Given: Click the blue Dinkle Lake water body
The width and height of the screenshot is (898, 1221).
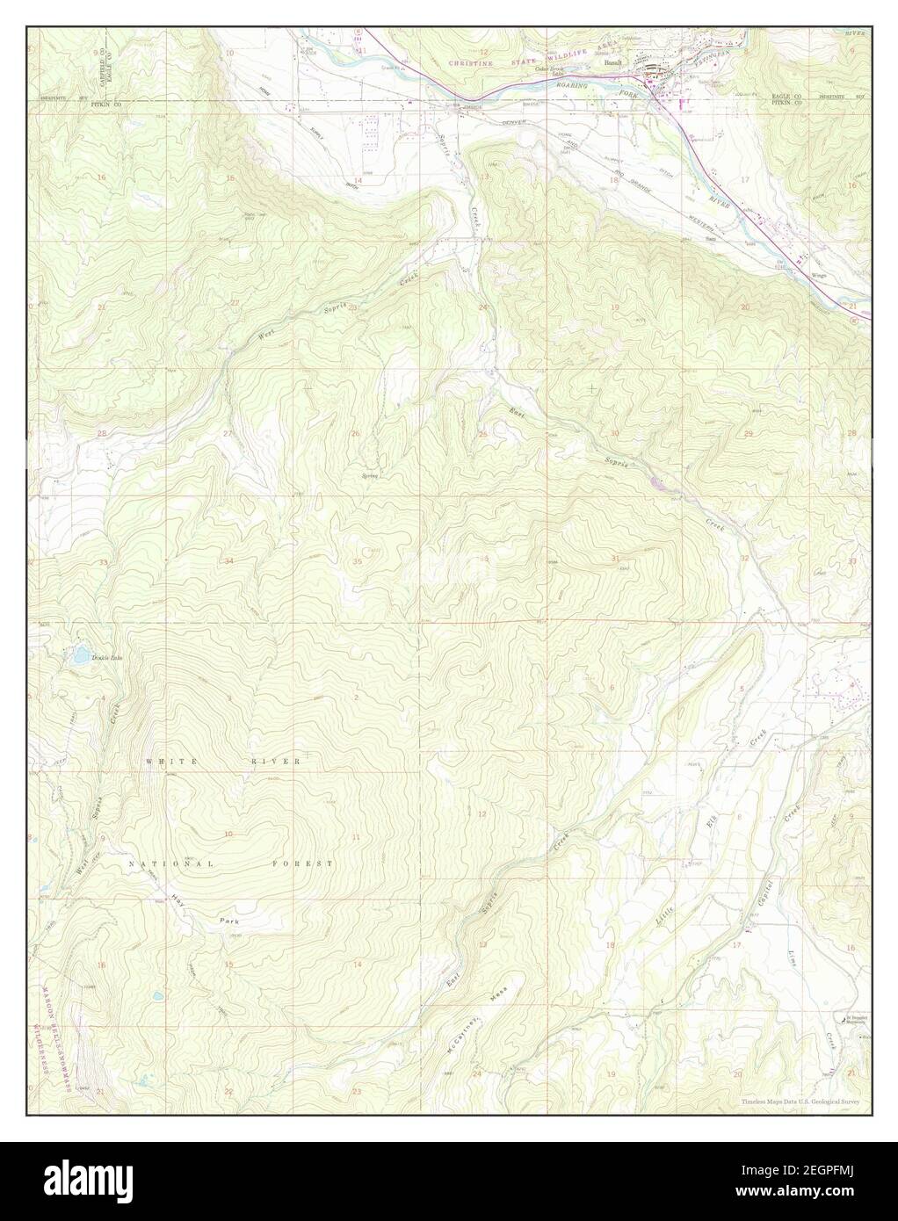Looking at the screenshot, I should coord(80,654).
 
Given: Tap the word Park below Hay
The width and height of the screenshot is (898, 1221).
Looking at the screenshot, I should coord(229,920).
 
